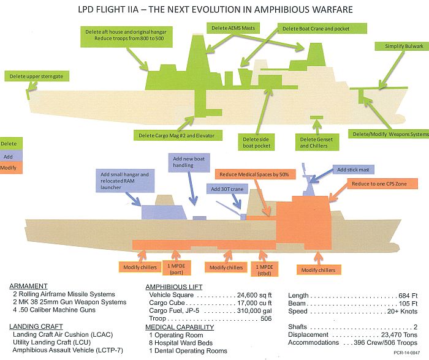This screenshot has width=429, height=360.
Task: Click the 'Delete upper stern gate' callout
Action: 37,77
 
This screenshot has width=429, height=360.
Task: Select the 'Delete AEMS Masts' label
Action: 233,28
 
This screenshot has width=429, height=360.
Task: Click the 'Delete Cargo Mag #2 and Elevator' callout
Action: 178,135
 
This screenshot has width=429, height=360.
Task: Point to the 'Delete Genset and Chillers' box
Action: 317,142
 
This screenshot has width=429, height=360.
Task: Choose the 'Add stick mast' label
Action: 354,170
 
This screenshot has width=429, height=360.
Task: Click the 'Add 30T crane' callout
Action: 227,189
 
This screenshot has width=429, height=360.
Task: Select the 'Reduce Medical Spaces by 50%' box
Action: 256,174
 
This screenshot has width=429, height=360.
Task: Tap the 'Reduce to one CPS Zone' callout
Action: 382,184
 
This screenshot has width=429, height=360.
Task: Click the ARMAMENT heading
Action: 28,286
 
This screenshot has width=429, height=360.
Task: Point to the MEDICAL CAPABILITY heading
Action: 180,327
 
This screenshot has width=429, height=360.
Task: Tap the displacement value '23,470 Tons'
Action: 399,334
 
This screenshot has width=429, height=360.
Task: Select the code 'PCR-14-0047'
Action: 406,353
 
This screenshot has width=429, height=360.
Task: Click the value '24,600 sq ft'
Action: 254,295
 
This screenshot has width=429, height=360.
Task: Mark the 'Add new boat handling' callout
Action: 189,162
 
